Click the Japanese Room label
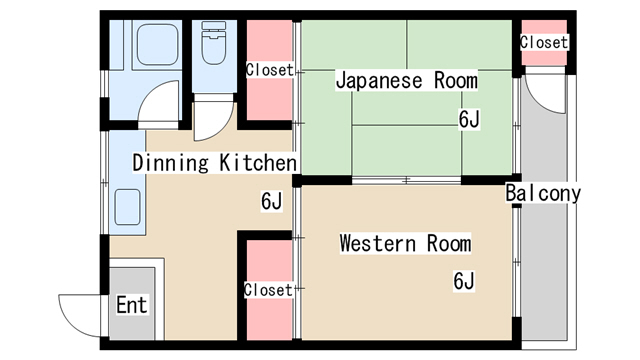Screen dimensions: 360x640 coord(406,80)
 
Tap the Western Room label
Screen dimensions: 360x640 coord(404,243)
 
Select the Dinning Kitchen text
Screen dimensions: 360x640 coord(214,163)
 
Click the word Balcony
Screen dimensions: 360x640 coord(542,193)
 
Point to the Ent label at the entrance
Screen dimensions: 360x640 coord(132,304)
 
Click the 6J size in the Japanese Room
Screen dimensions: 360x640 coord(470,120)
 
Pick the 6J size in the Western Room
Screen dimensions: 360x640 coord(463,281)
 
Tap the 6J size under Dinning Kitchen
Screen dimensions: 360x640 coord(272,201)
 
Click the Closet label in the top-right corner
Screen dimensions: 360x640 coord(544,43)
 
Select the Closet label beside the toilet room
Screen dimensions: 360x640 coord(269,70)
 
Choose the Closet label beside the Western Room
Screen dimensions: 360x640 coord(268,290)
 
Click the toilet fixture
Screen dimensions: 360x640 coord(213,45)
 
